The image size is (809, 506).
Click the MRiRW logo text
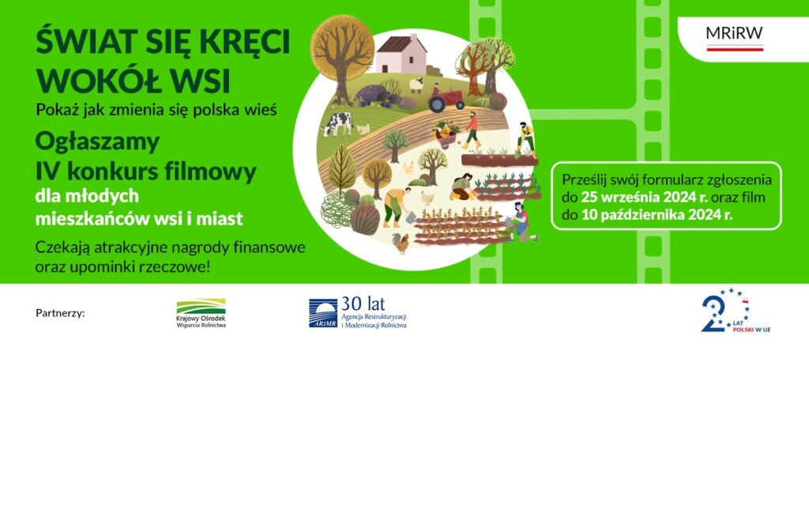(x=734, y=33)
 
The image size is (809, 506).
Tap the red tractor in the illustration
(x=446, y=100)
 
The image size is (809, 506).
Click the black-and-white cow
(x=337, y=124)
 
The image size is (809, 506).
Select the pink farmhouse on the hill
(x=401, y=55)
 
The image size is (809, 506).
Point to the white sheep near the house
(x=416, y=85)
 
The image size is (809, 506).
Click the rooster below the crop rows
(x=400, y=243)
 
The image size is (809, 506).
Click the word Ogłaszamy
(x=97, y=142)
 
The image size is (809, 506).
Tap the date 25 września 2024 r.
(x=645, y=197)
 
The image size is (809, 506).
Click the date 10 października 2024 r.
(x=657, y=215)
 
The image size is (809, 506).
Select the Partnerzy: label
(x=60, y=313)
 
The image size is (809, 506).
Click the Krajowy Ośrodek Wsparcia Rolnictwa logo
(x=201, y=313)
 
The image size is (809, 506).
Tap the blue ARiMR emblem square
(x=323, y=313)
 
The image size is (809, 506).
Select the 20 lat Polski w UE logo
(x=736, y=310)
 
